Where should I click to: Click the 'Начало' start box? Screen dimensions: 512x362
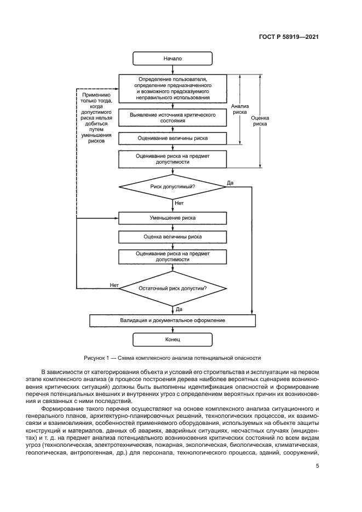(173, 58)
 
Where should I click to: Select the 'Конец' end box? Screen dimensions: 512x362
(173, 340)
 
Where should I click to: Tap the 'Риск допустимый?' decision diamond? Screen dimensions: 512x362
(173, 187)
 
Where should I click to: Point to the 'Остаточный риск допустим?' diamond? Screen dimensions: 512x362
(173, 287)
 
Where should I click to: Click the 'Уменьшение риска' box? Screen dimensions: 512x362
(173, 218)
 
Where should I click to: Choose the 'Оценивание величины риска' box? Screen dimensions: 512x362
(173, 138)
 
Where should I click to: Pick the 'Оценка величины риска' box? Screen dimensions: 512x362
(173, 237)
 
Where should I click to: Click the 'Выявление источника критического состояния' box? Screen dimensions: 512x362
(173, 118)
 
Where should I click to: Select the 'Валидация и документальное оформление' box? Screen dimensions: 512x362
(173, 320)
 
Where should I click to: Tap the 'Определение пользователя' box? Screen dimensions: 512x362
(173, 89)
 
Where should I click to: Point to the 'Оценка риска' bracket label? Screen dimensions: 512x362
(260, 120)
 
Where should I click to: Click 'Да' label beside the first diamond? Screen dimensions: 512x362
(229, 182)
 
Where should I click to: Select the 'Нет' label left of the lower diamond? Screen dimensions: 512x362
(114, 285)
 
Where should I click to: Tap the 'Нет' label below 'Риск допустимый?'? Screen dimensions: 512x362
(179, 203)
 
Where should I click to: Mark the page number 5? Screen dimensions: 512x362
(318, 466)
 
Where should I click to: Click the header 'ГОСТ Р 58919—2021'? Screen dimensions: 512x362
(289, 37)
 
